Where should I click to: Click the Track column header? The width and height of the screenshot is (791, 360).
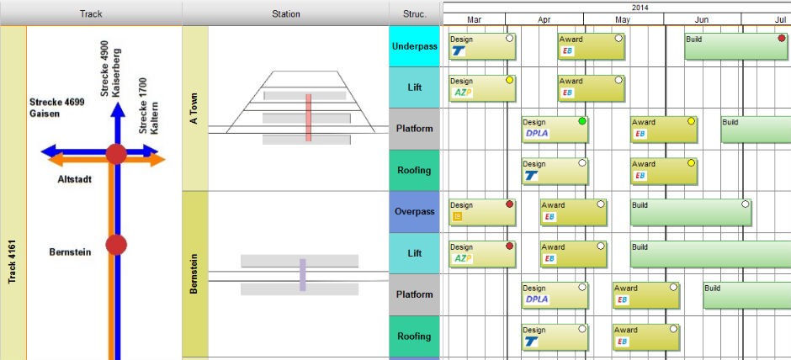tap(91, 13)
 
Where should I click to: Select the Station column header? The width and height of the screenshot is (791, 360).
tap(285, 13)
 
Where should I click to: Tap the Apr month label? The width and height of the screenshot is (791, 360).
tap(544, 19)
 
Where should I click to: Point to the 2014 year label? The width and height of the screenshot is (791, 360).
tap(640, 8)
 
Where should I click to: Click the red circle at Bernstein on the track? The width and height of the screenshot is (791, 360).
tap(116, 245)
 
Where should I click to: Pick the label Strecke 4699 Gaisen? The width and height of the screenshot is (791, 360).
tap(56, 108)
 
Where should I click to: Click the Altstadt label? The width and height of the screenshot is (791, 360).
tap(75, 179)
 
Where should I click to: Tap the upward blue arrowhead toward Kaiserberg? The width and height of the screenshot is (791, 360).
tap(118, 109)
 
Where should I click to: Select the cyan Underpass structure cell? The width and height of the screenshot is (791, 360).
tap(415, 46)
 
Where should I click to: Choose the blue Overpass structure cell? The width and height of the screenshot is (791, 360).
tap(415, 212)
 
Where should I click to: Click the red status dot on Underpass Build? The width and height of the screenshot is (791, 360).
tap(782, 39)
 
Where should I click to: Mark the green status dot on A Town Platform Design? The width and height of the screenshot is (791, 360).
tap(582, 121)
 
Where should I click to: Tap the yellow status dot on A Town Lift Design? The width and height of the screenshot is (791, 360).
tap(509, 80)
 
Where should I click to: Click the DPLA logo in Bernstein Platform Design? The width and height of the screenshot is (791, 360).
tap(537, 299)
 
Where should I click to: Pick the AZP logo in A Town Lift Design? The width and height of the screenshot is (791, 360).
tap(462, 93)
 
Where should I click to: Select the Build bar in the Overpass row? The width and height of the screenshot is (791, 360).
tap(691, 212)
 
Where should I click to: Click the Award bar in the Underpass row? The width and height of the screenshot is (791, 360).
tap(592, 46)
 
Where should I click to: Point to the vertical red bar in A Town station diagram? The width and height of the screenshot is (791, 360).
tap(308, 118)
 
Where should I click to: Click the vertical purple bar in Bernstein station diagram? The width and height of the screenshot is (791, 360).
tap(303, 275)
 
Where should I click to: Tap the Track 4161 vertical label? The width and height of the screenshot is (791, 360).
tap(13, 262)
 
